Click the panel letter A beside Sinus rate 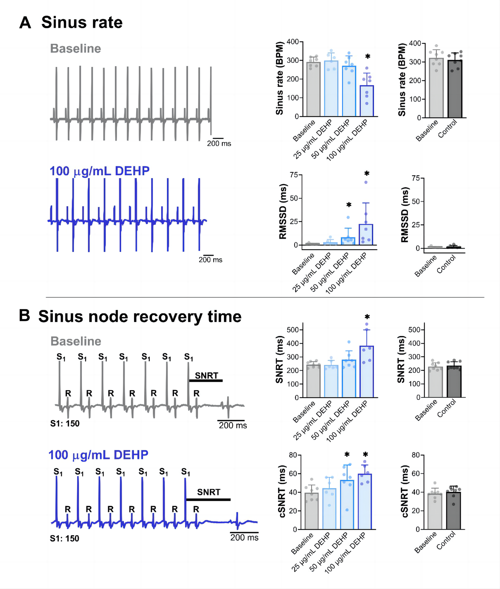[x=25, y=23]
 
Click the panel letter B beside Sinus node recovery [x=24, y=316]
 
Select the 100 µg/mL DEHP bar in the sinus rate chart [x=367, y=101]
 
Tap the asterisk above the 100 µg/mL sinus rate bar [x=368, y=57]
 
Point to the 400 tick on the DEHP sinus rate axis [x=293, y=42]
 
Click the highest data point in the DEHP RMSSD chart [x=366, y=182]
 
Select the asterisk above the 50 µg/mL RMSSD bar [x=349, y=205]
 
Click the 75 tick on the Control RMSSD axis [x=415, y=178]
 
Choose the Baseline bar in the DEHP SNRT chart [x=314, y=380]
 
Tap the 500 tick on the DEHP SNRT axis [x=293, y=330]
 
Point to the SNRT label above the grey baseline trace [x=207, y=376]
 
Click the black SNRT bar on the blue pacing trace [x=208, y=500]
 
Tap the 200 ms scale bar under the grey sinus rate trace [x=218, y=139]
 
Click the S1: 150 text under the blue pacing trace [x=65, y=538]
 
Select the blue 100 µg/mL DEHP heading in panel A [x=100, y=171]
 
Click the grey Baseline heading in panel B [x=76, y=341]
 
